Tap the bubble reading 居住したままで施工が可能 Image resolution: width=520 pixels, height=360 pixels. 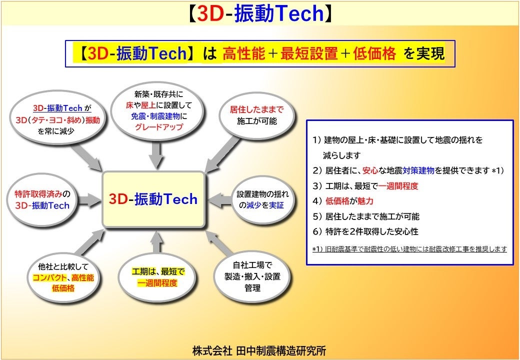(256, 115)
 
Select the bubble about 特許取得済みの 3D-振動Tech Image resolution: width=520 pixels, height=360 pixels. (42, 199)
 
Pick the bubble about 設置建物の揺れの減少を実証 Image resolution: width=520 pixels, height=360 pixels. (262, 199)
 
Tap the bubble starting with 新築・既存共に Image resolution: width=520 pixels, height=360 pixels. (158, 110)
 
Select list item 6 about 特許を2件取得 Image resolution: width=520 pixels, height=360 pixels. (365, 231)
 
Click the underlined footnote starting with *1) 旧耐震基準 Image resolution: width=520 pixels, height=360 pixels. (409, 248)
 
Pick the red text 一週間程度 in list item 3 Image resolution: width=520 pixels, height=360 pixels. (398, 186)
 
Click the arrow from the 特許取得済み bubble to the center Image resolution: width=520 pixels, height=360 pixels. (90, 200)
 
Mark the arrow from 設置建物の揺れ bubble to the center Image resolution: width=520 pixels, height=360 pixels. (219, 200)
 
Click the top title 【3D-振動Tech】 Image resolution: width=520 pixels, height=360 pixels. (259, 14)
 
